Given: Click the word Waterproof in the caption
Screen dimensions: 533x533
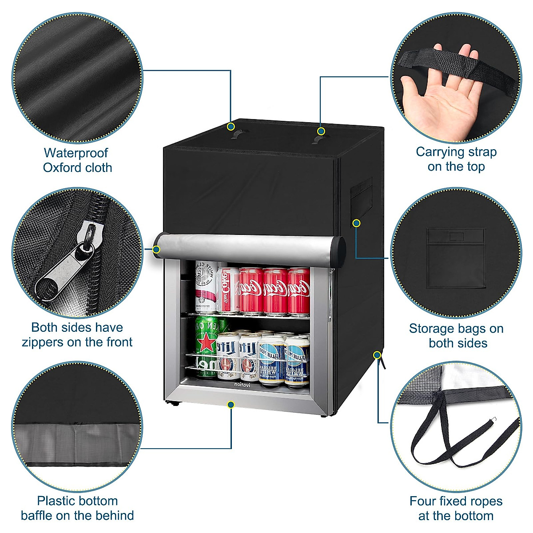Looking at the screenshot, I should click(76, 153).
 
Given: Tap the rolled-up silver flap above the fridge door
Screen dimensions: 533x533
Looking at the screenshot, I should click(249, 247).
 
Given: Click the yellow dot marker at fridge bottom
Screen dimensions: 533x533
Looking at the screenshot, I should click(231, 405).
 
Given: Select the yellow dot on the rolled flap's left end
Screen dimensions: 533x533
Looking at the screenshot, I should click(156, 250).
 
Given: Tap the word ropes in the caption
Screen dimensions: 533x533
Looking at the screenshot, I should click(481, 501).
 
